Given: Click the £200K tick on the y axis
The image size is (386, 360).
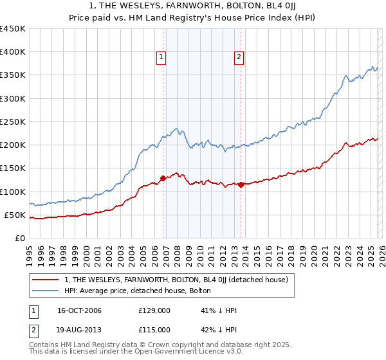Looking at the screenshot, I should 13,145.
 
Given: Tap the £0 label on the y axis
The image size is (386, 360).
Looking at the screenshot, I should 21,238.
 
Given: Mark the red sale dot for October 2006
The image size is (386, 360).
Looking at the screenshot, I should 163,178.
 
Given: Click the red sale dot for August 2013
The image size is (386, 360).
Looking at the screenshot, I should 241,184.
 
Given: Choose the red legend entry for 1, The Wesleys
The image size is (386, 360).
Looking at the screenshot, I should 179,280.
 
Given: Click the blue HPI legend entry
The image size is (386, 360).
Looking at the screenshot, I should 143,291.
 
